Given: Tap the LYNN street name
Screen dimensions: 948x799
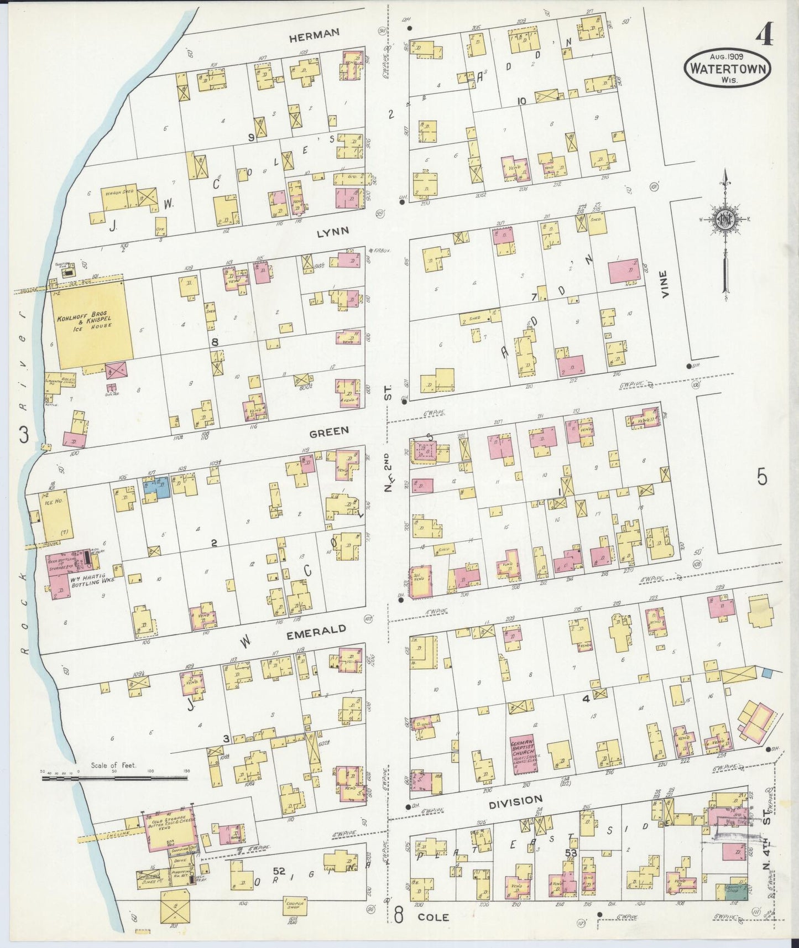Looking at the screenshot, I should (333, 231).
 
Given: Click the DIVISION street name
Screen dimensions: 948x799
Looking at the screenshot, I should (515, 800).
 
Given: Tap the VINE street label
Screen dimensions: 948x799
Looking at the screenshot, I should (665, 284).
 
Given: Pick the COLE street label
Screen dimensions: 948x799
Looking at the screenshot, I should (434, 916).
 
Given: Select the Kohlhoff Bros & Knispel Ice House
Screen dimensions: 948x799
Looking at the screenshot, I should (90, 324).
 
